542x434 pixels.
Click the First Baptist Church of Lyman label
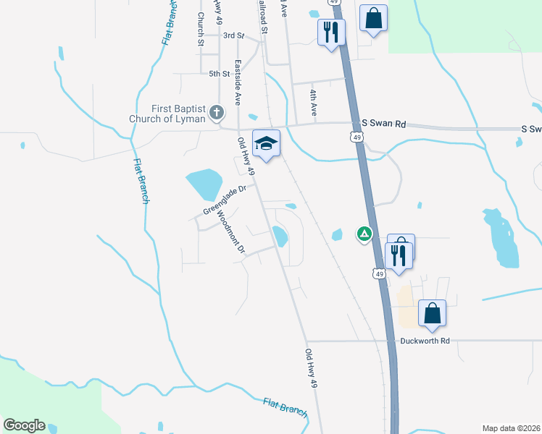[x=169, y=113]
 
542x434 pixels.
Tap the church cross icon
[x=216, y=112]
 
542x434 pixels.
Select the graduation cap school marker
[x=266, y=142]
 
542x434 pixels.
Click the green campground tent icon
[x=364, y=234]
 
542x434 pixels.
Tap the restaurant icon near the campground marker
[x=398, y=255]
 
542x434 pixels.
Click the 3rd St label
[x=233, y=35]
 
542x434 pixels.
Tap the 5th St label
[x=219, y=74]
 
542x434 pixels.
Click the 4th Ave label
[x=314, y=103]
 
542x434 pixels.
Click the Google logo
[x=24, y=425]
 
